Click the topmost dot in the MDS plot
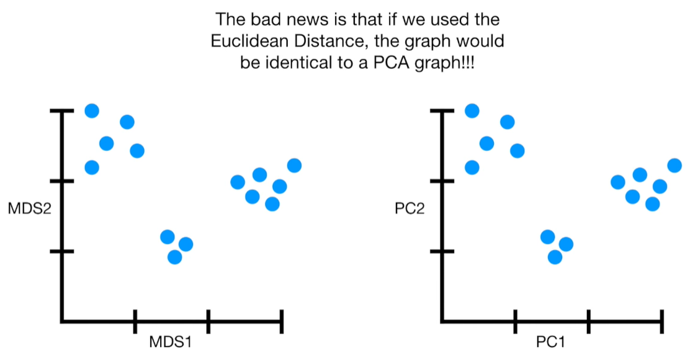(92, 110)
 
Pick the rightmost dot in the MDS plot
(294, 165)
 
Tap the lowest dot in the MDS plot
(175, 256)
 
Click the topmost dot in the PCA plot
(472, 110)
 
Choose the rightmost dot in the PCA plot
(674, 165)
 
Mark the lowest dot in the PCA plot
(555, 256)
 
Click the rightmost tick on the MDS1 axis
(282, 321)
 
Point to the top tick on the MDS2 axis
(62, 111)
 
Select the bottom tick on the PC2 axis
(442, 251)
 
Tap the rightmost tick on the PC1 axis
(662, 321)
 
